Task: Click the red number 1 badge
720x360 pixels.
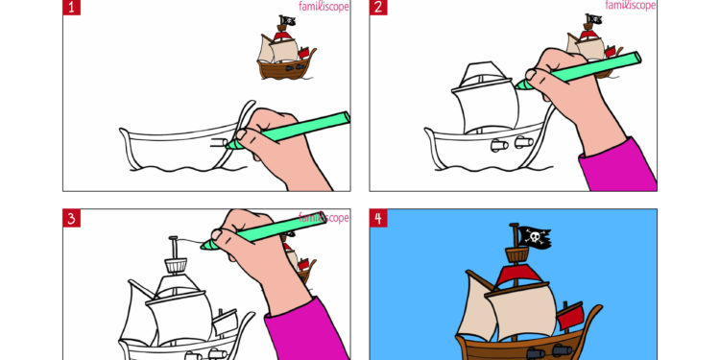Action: tap(72, 9)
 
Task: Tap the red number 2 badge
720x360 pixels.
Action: tap(379, 9)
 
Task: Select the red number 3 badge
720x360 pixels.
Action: tap(72, 219)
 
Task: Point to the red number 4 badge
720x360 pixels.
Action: tap(379, 219)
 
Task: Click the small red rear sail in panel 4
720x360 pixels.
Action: tap(570, 314)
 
